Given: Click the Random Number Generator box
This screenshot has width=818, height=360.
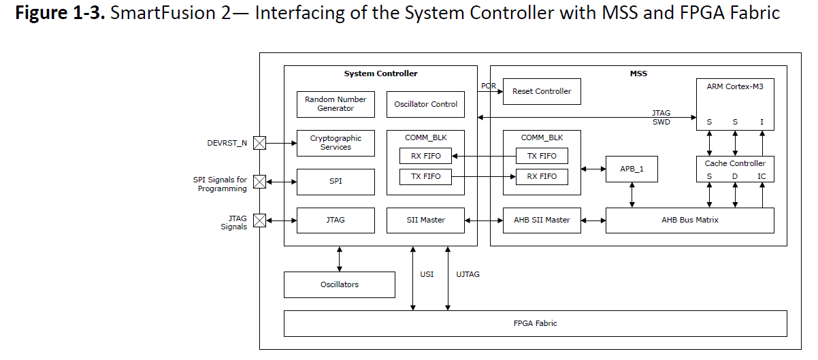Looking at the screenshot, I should [336, 104].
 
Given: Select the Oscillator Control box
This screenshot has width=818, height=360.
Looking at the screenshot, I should [426, 104].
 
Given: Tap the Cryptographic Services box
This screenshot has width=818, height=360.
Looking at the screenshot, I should [336, 143].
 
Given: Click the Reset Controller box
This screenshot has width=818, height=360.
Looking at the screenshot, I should [542, 91].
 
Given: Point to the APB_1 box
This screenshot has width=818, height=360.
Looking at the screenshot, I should [632, 169].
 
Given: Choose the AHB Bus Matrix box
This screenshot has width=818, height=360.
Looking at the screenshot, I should [689, 220].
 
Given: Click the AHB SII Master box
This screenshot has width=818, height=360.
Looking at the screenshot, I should [542, 220].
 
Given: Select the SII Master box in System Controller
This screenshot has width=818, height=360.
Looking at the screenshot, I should [426, 220].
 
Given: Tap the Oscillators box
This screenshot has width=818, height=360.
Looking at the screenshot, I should [339, 284].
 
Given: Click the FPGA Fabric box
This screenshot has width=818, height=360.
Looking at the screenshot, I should [535, 323].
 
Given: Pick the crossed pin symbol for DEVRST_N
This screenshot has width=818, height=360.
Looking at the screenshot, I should [259, 143].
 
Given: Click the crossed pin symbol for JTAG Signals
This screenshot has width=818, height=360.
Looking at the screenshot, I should [259, 220].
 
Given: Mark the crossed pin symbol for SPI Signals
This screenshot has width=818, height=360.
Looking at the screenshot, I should [259, 182].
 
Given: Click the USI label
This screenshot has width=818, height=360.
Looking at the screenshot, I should [427, 274].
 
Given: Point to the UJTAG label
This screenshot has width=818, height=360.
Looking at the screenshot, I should [468, 274].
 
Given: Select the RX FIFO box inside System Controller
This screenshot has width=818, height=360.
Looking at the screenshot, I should [425, 156].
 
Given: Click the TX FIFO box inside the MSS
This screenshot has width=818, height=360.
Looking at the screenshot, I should [542, 156].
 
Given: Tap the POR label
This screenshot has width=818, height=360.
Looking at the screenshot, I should [489, 86].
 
